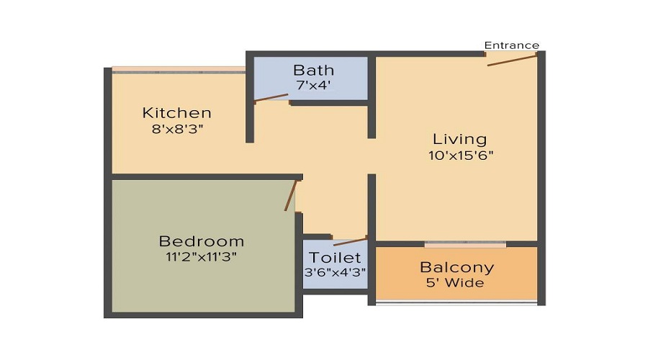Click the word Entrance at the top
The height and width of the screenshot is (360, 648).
[x=511, y=45]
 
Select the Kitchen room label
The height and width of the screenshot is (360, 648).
[x=176, y=113]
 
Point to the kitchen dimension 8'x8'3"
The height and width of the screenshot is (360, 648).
[x=176, y=129]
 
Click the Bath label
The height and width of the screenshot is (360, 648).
[x=313, y=70]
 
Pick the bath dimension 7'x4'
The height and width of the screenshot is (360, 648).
[x=313, y=86]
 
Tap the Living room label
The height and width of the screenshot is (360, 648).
[x=459, y=139]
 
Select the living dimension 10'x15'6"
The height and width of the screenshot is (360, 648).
[x=459, y=155]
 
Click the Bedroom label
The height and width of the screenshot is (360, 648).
[x=202, y=241]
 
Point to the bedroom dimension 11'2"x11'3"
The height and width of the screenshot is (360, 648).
[x=202, y=256]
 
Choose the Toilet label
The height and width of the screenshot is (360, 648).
[x=335, y=258]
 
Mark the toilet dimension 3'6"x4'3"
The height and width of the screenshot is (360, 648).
[x=335, y=273]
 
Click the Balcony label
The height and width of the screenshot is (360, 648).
[x=457, y=267]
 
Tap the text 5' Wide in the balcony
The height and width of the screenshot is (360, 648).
[x=457, y=283]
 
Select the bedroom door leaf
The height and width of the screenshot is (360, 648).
[x=291, y=195]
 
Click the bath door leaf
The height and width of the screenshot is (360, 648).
[x=271, y=98]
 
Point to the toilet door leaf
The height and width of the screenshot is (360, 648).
[x=350, y=240]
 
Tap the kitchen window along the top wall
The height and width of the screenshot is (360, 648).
[x=179, y=70]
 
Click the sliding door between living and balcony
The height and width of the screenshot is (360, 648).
[x=465, y=244]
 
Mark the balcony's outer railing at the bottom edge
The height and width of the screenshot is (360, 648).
[x=457, y=302]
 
